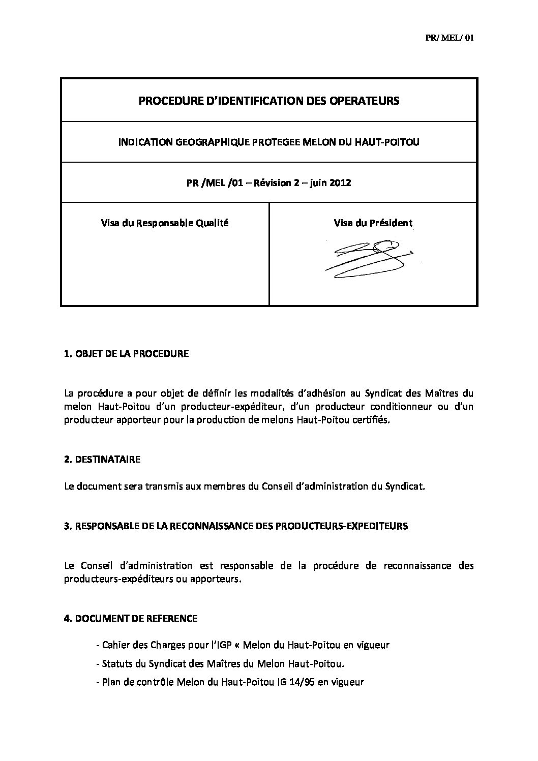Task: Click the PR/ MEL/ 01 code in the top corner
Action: (x=449, y=38)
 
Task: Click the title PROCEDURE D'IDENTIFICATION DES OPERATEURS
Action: (x=269, y=101)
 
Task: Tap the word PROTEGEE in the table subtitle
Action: (x=278, y=142)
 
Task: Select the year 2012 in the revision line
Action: (x=341, y=182)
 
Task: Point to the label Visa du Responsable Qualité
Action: (x=165, y=223)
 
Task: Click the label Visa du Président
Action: (x=373, y=223)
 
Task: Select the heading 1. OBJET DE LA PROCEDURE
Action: (x=126, y=354)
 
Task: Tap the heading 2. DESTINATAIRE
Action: (x=102, y=460)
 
